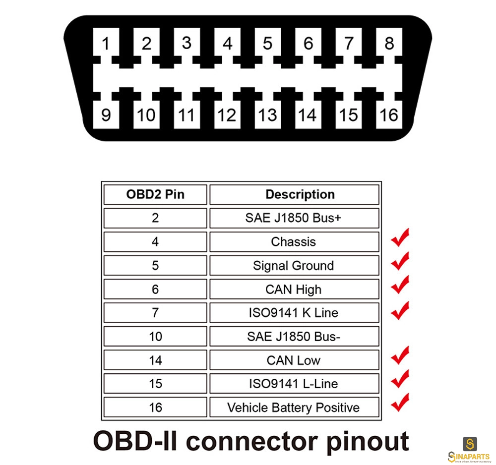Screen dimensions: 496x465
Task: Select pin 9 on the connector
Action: coord(106,115)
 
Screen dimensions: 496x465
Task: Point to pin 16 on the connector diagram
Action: coord(389,115)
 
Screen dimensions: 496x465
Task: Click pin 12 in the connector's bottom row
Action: coord(227,115)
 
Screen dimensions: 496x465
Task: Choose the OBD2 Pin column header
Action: coord(155,194)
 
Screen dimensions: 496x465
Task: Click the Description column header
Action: coord(294,194)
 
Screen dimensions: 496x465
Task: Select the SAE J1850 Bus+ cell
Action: coord(294,218)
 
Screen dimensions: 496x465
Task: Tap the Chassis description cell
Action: coord(294,242)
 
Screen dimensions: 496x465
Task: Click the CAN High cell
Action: coord(294,289)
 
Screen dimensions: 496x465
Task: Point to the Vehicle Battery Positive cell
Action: coord(294,407)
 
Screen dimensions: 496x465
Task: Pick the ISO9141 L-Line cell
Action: coord(294,384)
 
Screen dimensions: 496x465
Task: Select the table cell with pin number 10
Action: coord(155,336)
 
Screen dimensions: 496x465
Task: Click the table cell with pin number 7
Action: coord(155,313)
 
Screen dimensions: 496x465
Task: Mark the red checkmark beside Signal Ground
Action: coord(400,262)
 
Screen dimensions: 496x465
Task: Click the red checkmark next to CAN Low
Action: coord(400,355)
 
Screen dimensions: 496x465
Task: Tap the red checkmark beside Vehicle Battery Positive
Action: coord(400,403)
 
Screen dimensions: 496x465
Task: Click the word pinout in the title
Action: coord(368,442)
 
